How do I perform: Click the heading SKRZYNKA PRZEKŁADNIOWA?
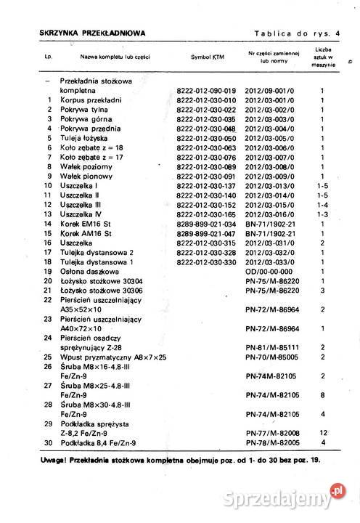tap(92, 33)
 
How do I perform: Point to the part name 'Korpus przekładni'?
tap(95, 100)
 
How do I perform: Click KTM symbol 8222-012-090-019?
tap(206, 91)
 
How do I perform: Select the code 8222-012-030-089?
tap(206, 166)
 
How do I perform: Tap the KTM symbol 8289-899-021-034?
tap(206, 224)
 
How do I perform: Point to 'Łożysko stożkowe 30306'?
tap(101, 290)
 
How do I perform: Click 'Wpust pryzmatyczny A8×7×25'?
tap(115, 357)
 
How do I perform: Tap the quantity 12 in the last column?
tap(322, 433)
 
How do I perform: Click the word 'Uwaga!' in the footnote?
tap(57, 460)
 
